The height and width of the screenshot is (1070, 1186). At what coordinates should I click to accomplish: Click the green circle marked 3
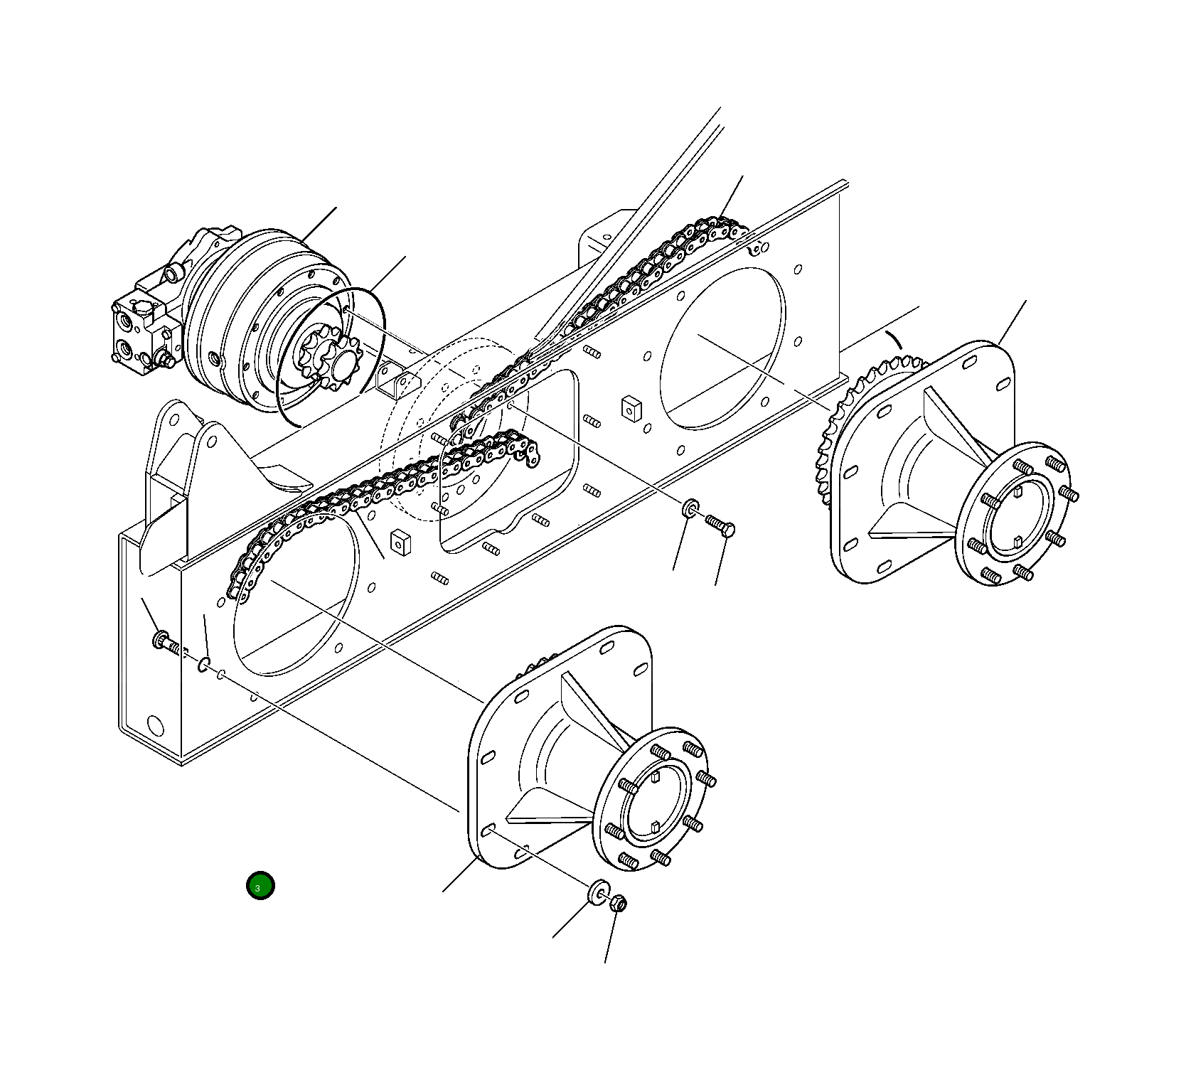tap(260, 886)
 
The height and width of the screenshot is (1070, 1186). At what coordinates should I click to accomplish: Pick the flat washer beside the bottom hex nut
tap(599, 892)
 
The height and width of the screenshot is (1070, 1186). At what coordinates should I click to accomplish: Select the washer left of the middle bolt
tap(690, 508)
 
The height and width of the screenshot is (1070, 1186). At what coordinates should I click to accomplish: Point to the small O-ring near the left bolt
tap(204, 665)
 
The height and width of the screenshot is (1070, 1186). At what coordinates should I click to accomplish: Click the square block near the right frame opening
tap(631, 408)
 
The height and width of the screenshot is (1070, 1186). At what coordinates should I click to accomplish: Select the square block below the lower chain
tap(401, 542)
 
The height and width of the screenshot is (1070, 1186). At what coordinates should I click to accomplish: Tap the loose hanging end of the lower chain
tap(530, 455)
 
